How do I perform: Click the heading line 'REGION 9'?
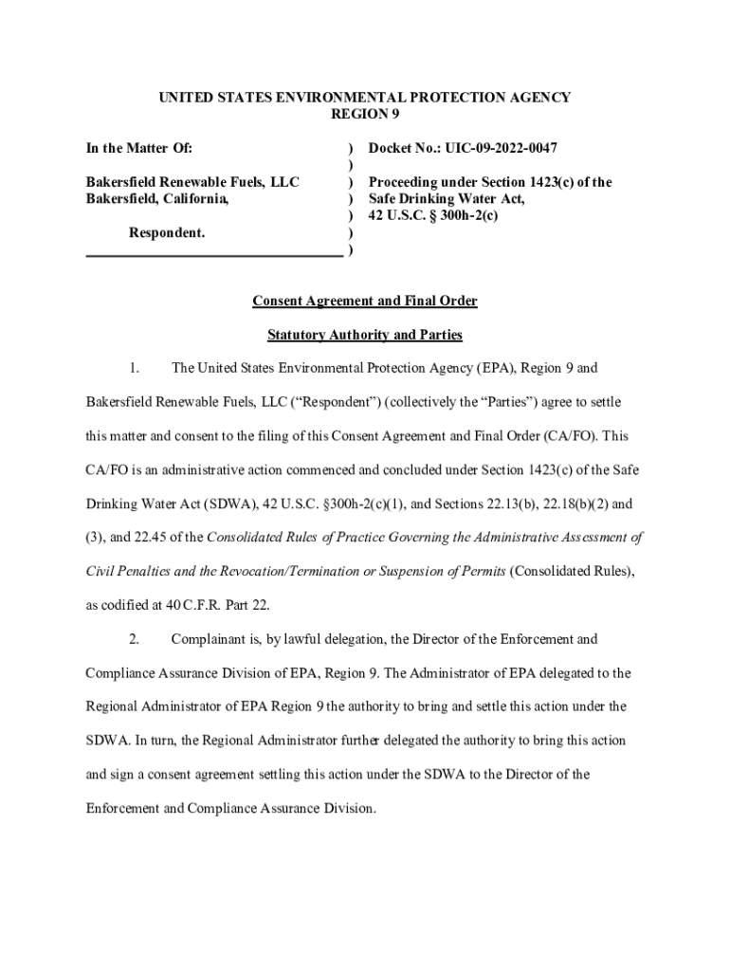[x=364, y=114]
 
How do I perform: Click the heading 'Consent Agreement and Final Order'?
[x=364, y=302]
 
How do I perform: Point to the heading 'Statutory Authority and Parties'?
[x=364, y=335]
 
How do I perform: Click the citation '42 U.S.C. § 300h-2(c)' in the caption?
[x=432, y=216]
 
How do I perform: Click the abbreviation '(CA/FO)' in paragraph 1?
[x=567, y=436]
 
